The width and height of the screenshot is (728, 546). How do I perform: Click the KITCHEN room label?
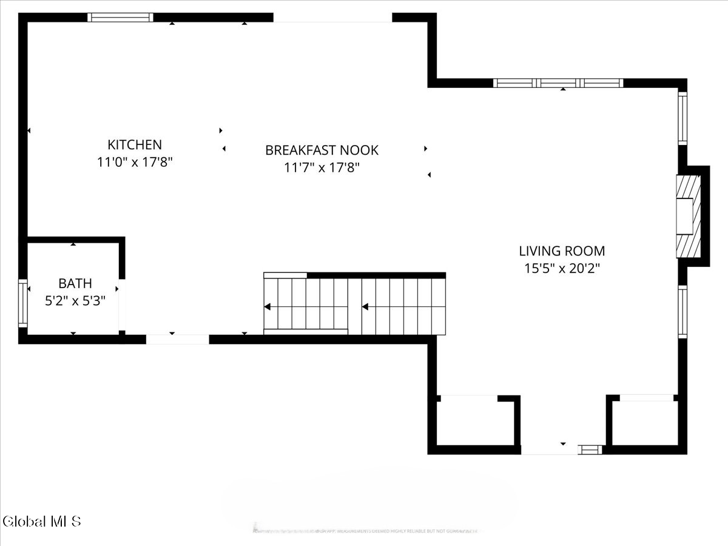click(x=135, y=144)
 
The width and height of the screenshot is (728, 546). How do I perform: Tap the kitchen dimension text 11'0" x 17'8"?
click(x=135, y=163)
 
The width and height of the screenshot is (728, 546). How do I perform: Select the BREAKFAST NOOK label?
click(x=322, y=150)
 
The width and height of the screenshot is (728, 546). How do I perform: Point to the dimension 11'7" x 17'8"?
click(x=322, y=168)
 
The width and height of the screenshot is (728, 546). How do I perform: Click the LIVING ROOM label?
click(x=562, y=251)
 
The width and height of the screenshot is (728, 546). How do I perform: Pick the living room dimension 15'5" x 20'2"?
click(x=562, y=268)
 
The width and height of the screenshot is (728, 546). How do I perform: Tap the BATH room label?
click(x=75, y=283)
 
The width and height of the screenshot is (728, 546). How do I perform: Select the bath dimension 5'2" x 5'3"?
click(x=75, y=301)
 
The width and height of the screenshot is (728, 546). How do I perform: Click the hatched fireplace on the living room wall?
click(x=688, y=217)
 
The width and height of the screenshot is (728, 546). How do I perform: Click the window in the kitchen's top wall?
click(x=120, y=17)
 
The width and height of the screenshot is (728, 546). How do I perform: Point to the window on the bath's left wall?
click(x=23, y=303)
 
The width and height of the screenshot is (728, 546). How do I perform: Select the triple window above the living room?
click(x=558, y=83)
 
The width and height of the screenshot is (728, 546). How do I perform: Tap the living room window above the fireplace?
click(x=682, y=118)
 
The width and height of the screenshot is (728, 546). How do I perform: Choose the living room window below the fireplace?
click(x=682, y=312)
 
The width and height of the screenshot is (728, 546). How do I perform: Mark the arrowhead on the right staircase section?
click(x=365, y=307)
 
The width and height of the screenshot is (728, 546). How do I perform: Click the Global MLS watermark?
click(x=42, y=521)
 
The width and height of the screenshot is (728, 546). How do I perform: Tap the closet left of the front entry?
click(x=476, y=422)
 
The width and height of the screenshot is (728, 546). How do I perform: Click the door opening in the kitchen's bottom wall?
click(x=177, y=339)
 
